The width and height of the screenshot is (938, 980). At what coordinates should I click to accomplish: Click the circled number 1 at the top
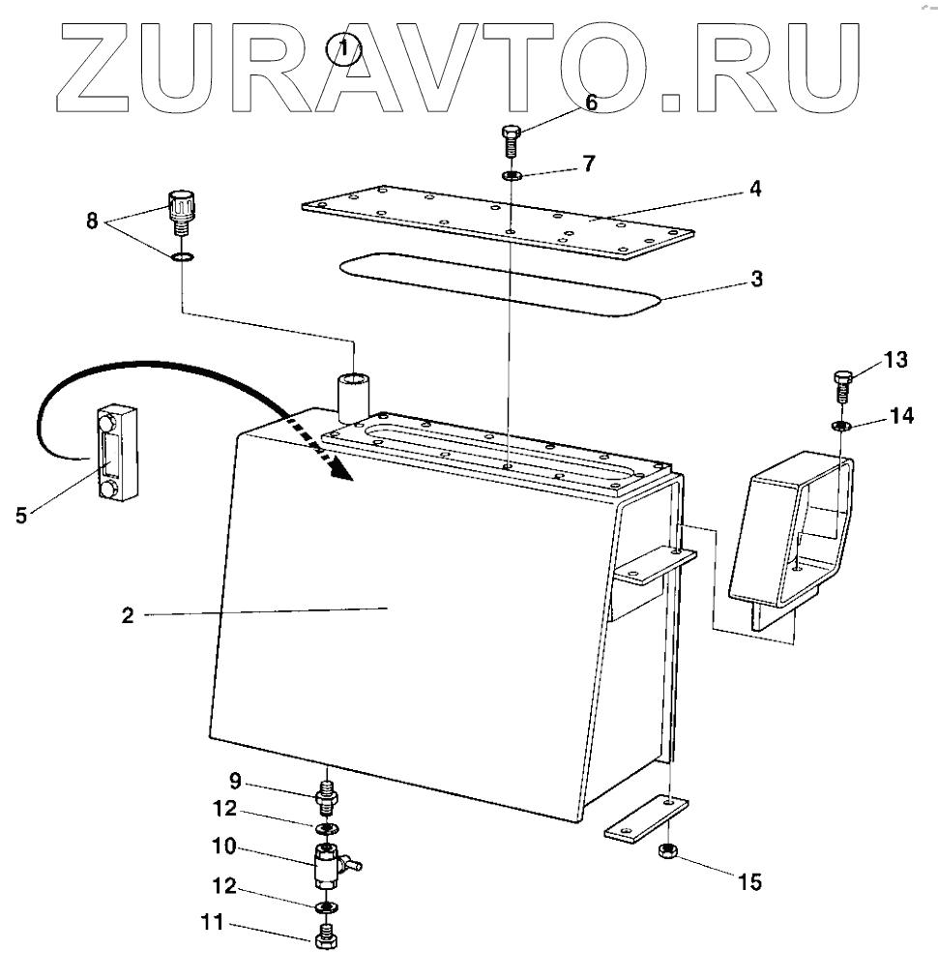pyautogui.click(x=346, y=47)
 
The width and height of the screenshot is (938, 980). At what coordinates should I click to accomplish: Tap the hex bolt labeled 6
pyautogui.click(x=511, y=142)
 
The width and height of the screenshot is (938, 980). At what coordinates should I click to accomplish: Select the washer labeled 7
pyautogui.click(x=511, y=176)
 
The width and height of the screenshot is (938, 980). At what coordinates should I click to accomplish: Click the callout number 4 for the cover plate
pyautogui.click(x=753, y=189)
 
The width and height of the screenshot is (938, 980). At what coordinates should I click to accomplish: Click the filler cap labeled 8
pyautogui.click(x=181, y=210)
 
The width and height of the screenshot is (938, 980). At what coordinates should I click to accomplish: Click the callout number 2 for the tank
pyautogui.click(x=127, y=614)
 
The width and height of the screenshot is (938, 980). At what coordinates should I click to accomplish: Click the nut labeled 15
pyautogui.click(x=666, y=851)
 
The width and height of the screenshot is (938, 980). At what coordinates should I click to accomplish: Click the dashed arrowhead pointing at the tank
pyautogui.click(x=338, y=468)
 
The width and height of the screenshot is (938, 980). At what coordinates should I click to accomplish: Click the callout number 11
pyautogui.click(x=213, y=925)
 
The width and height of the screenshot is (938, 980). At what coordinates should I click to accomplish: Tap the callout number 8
pyautogui.click(x=92, y=221)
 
